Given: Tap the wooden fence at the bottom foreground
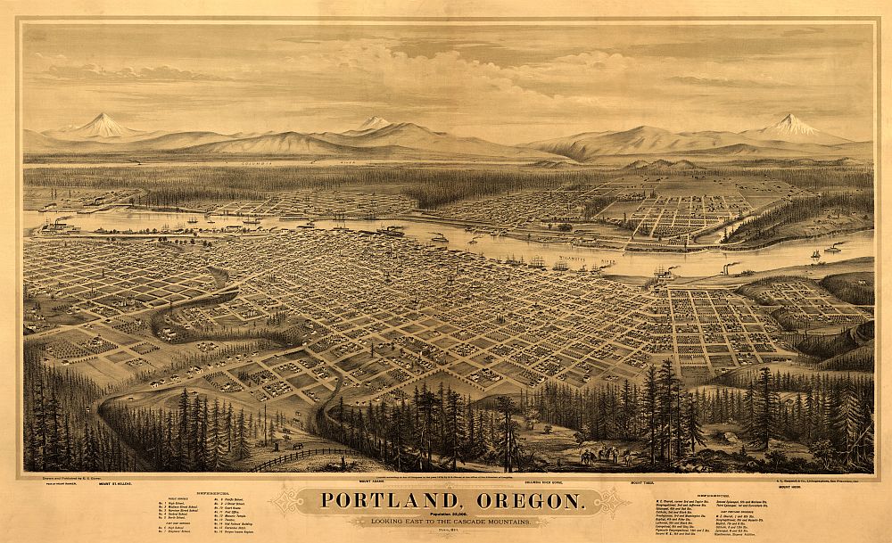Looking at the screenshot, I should (294, 457).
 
